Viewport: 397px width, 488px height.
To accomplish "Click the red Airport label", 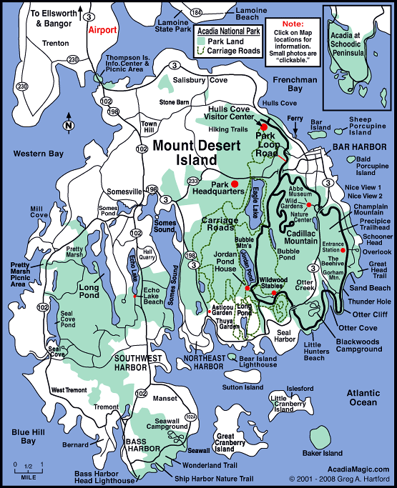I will (100, 31).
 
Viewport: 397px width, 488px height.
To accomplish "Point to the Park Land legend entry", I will (222, 41).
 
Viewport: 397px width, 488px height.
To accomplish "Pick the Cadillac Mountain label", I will (291, 237).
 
